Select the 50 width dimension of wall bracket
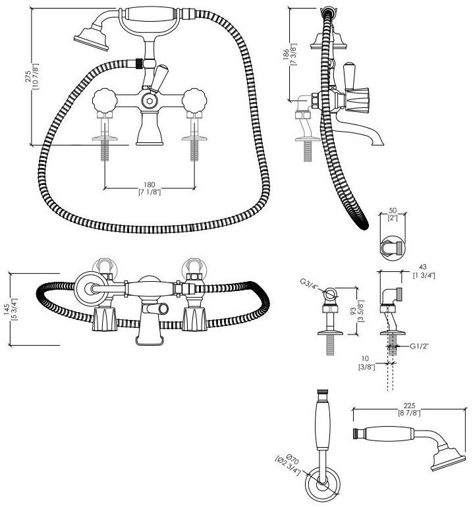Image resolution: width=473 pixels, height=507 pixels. (x=394, y=211)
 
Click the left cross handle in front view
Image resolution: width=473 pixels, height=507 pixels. (x=105, y=101)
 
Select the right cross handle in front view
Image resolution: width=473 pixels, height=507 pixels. (x=195, y=101)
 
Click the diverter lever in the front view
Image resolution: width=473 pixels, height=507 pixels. (x=158, y=79)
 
